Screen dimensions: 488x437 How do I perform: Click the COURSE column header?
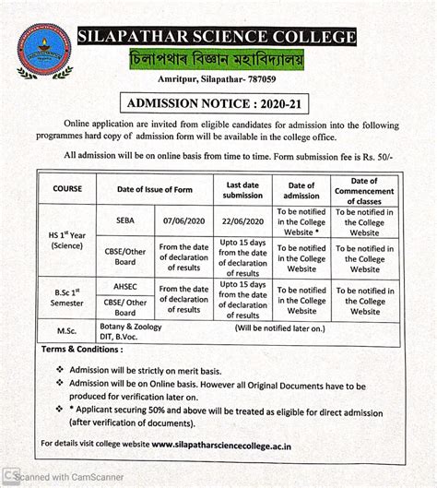click(x=68, y=189)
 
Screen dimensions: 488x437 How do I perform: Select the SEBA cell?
click(x=125, y=222)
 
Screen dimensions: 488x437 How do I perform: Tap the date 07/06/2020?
click(x=183, y=222)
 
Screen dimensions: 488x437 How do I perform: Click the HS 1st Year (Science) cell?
click(x=67, y=241)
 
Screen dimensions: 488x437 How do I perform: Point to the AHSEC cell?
click(x=125, y=289)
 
